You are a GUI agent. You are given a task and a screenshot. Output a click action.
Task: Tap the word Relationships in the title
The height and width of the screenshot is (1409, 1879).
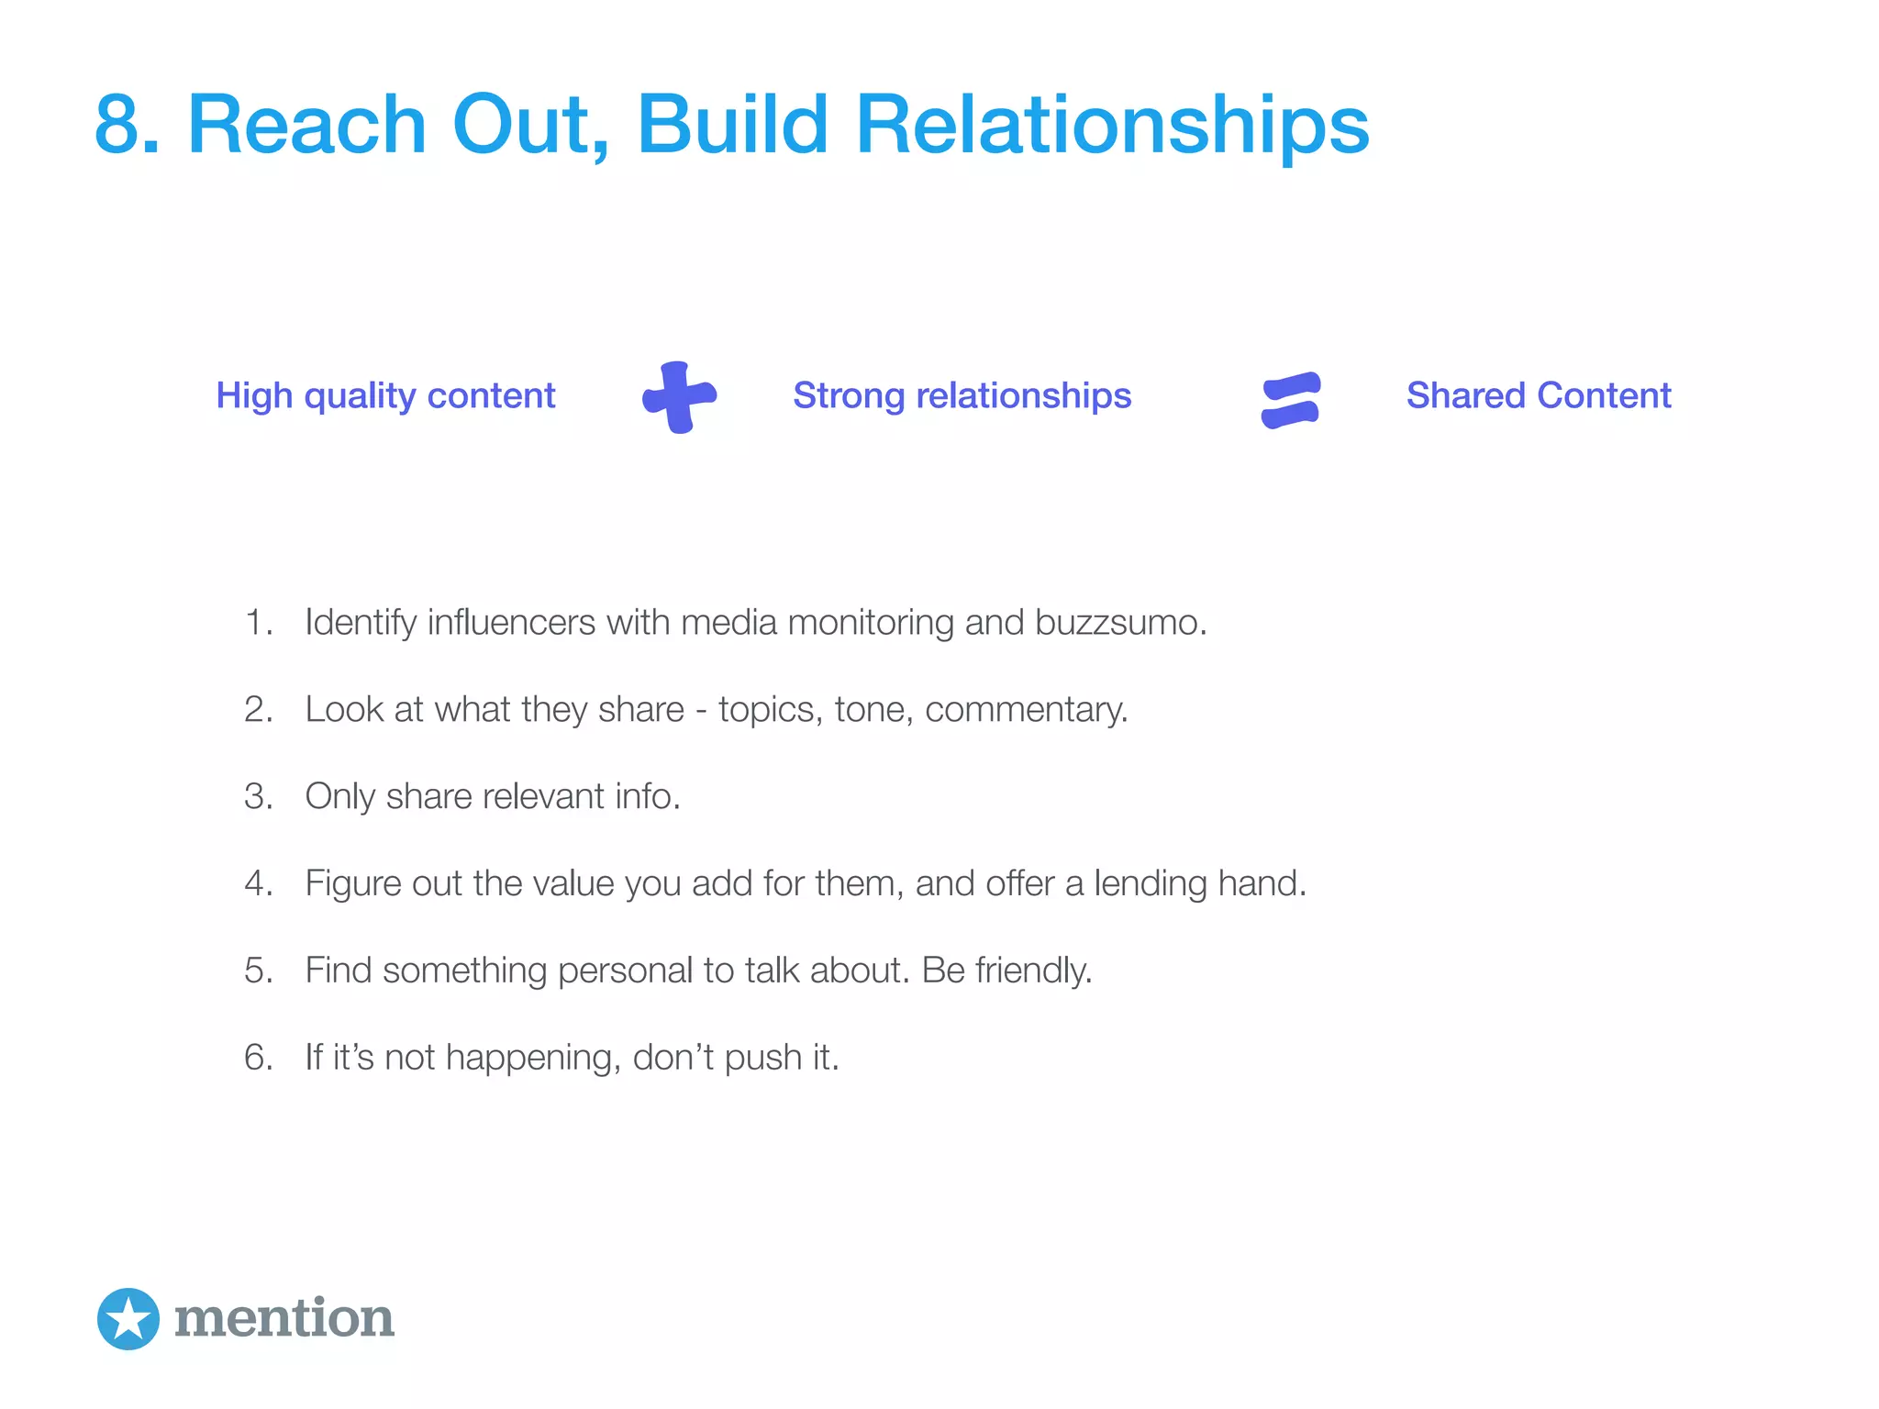(1112, 125)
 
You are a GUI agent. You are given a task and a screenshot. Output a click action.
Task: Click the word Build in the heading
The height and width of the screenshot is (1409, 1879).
(732, 125)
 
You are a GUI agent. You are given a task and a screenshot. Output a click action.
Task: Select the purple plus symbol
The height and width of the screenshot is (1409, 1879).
(679, 397)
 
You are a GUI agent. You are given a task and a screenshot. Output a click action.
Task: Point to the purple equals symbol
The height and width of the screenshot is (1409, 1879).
(1291, 400)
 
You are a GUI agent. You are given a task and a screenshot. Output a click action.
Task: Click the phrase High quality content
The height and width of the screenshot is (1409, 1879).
(385, 396)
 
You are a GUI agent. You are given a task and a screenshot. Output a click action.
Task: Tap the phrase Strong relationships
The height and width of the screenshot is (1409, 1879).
(962, 396)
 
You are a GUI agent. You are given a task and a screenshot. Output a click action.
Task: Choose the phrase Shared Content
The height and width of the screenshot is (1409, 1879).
(1539, 396)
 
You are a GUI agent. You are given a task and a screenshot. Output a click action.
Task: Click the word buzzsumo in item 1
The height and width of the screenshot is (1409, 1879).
(1119, 623)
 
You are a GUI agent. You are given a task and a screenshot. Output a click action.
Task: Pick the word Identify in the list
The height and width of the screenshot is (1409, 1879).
(361, 623)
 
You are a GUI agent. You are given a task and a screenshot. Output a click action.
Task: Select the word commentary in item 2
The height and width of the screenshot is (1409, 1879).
(1026, 710)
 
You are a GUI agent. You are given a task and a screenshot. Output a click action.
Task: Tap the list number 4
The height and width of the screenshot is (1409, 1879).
(257, 883)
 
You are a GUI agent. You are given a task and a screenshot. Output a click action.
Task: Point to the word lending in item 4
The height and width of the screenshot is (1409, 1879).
(1150, 883)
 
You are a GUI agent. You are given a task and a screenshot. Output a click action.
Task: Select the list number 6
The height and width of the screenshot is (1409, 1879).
(257, 1058)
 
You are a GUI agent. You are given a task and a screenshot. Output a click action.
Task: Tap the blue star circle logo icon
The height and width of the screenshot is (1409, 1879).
(128, 1319)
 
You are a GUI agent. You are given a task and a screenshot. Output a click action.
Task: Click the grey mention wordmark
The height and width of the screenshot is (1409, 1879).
(284, 1319)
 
